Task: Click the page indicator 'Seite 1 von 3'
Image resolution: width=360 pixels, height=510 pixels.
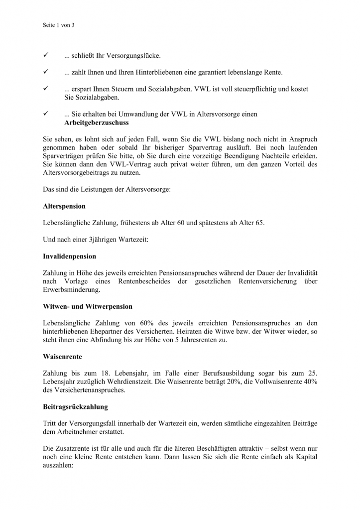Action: [x=59, y=24]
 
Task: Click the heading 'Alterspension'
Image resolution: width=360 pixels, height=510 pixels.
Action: [x=64, y=206]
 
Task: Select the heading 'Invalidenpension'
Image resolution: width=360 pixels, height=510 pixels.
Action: [x=70, y=256]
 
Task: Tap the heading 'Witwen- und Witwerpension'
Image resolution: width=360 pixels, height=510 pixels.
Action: [x=88, y=307]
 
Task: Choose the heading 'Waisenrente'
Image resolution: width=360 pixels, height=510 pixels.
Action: [x=62, y=357]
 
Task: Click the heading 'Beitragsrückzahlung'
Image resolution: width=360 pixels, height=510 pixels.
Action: [x=75, y=407]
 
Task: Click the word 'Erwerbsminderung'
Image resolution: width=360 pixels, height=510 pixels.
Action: [x=72, y=290]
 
